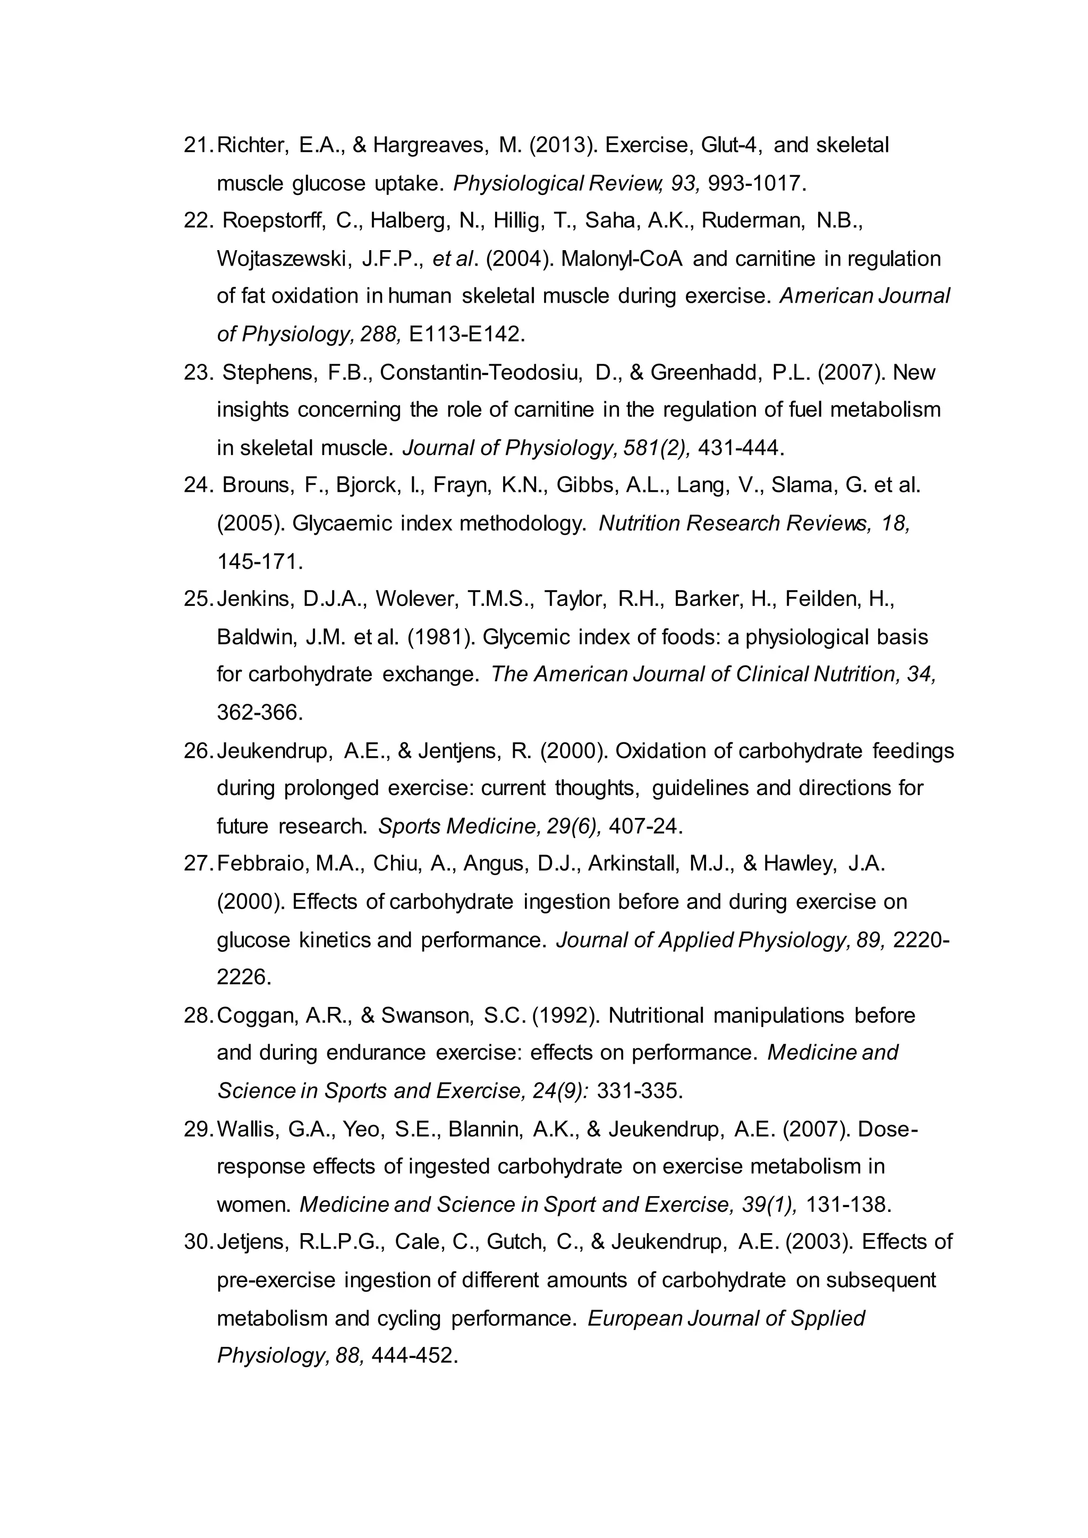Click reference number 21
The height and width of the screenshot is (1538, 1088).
point(198,146)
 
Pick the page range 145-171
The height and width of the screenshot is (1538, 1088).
point(260,561)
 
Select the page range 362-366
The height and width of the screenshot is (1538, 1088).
point(260,712)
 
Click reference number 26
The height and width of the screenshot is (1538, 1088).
point(198,751)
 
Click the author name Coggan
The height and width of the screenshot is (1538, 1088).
point(257,1015)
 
